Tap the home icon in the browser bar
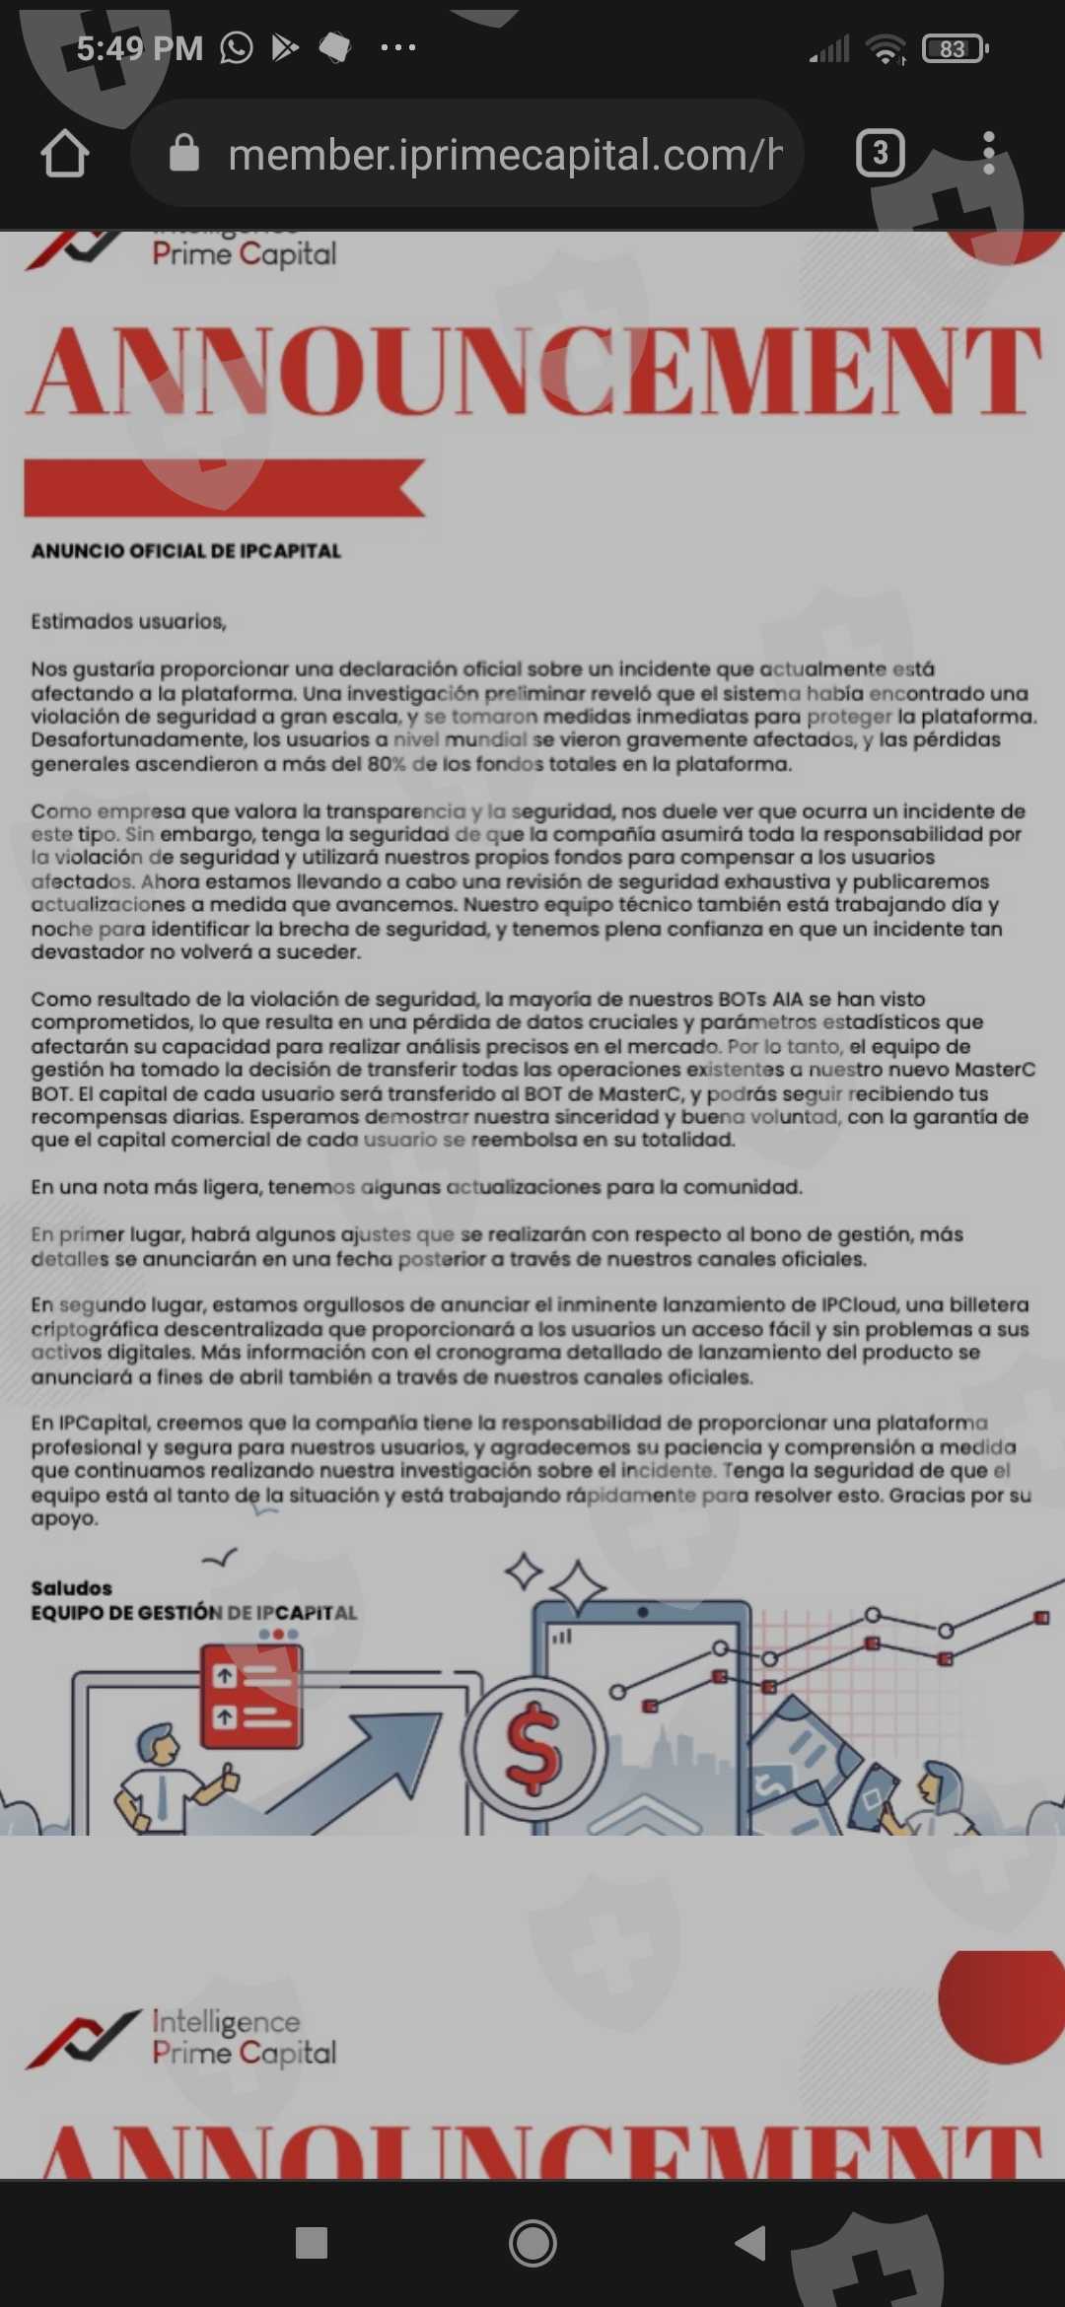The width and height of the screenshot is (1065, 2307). click(x=65, y=154)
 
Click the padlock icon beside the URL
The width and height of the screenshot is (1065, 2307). click(x=184, y=154)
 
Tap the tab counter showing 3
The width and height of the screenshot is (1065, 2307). click(x=880, y=154)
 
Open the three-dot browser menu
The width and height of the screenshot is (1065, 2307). click(x=988, y=154)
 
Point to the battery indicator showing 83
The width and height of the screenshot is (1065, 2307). click(x=954, y=48)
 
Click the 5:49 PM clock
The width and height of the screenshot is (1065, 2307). click(x=139, y=48)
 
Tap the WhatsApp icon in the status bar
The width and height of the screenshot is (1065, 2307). click(x=237, y=47)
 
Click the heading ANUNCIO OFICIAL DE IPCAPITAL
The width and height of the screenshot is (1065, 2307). click(x=185, y=551)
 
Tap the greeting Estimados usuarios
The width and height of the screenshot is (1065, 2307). click(x=128, y=621)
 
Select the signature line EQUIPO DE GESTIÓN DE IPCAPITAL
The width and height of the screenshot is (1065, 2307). click(x=193, y=1613)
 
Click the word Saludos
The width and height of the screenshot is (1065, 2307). click(x=71, y=1587)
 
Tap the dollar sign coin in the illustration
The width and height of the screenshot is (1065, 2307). click(x=532, y=1747)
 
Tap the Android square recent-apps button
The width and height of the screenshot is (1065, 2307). click(x=312, y=2243)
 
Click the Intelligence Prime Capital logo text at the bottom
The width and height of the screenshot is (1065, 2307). click(x=244, y=2037)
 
